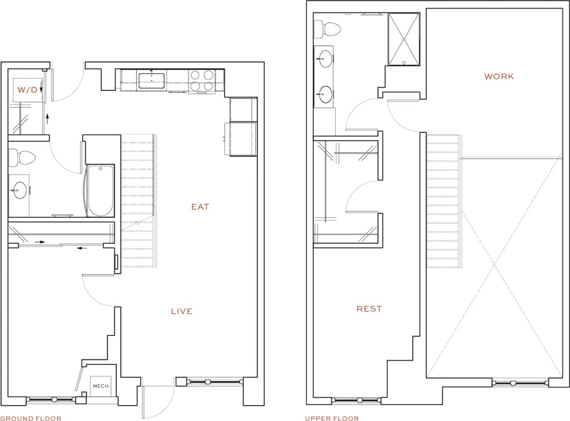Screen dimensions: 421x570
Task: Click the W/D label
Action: point(28,90)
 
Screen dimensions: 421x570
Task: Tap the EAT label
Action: point(200,207)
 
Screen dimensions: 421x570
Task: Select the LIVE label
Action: point(182,311)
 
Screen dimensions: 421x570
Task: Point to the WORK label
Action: point(499,77)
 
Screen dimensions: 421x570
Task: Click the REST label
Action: point(369,309)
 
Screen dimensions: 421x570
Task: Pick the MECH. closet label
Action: point(101,386)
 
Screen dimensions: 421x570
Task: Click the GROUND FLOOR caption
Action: point(31,418)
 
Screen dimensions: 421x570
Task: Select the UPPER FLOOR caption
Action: point(332,418)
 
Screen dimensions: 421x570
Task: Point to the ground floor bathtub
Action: point(100,191)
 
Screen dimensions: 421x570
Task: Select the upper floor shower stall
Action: point(404,39)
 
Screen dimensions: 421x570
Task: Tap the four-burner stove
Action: point(201,81)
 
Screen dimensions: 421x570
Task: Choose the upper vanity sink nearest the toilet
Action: point(324,59)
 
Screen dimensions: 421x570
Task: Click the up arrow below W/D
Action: point(47,118)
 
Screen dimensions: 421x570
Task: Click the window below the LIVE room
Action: point(209,381)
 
